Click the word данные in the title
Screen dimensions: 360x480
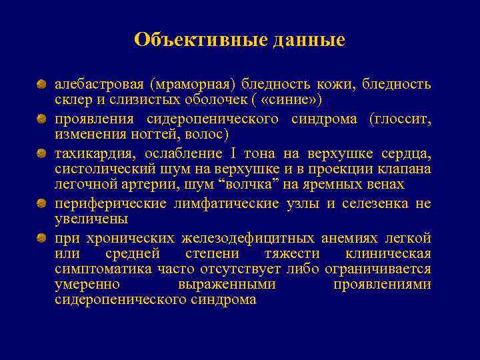pyautogui.click(x=309, y=40)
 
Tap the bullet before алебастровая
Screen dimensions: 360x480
pyautogui.click(x=41, y=85)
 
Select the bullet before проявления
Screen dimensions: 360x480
pyautogui.click(x=41, y=119)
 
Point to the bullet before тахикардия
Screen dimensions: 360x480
pyautogui.click(x=41, y=153)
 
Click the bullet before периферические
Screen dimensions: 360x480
pyautogui.click(x=41, y=203)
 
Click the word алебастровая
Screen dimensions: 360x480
pyautogui.click(x=99, y=85)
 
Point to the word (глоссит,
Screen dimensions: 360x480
pyautogui.click(x=399, y=119)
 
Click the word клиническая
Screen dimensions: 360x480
pyautogui.click(x=388, y=253)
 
